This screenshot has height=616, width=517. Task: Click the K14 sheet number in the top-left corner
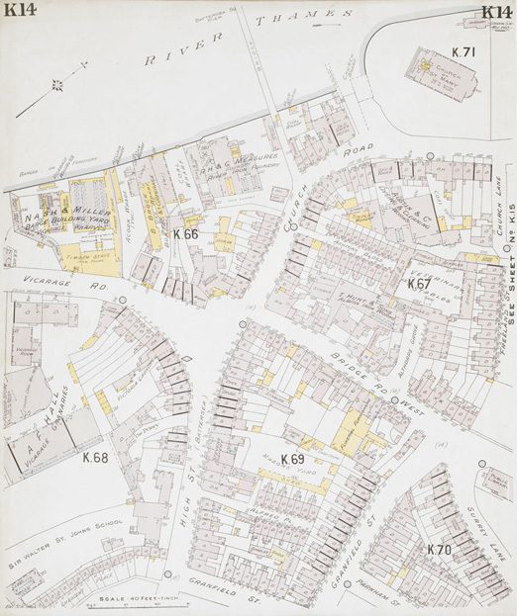tap(20, 13)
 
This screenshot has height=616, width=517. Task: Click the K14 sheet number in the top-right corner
tap(496, 13)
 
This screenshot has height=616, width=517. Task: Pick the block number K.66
tap(185, 234)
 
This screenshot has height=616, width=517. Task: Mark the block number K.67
tap(419, 284)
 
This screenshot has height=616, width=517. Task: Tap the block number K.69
tap(292, 459)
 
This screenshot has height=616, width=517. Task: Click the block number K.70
tap(439, 549)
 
